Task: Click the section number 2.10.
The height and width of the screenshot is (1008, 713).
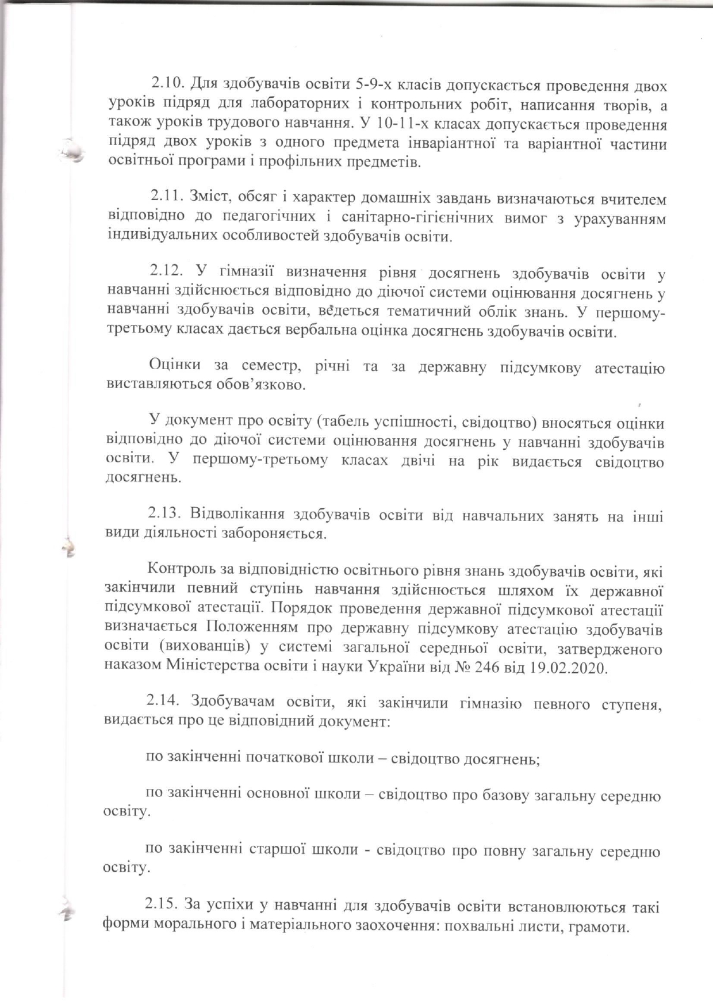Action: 167,86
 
